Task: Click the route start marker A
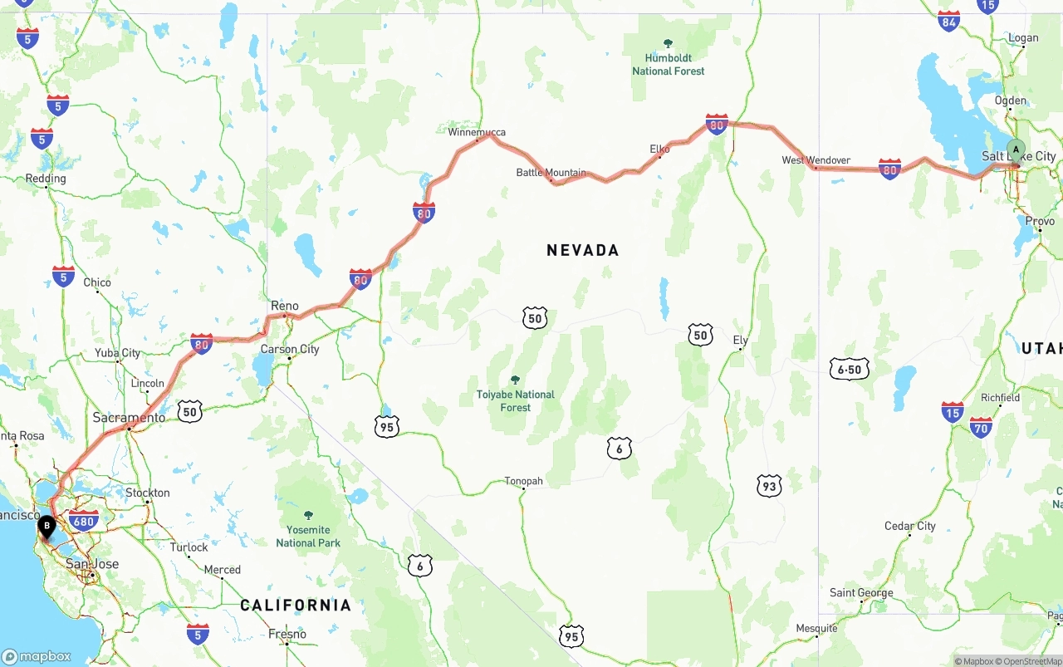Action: (x=1015, y=151)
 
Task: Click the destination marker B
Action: (x=47, y=526)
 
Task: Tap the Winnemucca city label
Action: (x=476, y=132)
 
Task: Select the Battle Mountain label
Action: (x=551, y=173)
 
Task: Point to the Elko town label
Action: (x=659, y=150)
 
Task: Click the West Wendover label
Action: (x=816, y=160)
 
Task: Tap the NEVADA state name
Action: (x=582, y=250)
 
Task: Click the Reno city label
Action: (x=284, y=307)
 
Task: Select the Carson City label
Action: (x=290, y=350)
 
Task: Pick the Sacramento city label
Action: (x=129, y=418)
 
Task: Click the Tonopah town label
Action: (x=523, y=481)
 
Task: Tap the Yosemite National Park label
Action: (x=308, y=536)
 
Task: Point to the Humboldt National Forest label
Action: (x=668, y=64)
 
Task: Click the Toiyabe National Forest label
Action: (x=515, y=400)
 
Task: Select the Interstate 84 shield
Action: (x=948, y=21)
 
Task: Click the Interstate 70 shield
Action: (x=981, y=427)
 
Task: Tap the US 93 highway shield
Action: (x=769, y=486)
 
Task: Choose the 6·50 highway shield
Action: (x=850, y=369)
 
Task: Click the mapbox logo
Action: (x=37, y=656)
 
